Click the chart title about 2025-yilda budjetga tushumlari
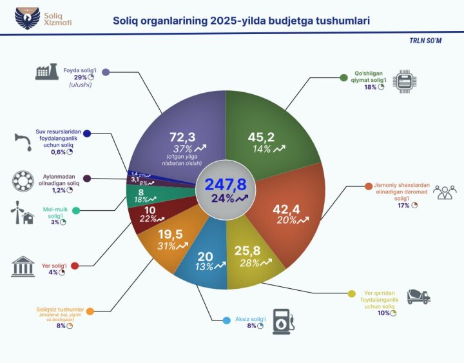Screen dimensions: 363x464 (x=241, y=21)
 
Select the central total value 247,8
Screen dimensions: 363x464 (x=226, y=184)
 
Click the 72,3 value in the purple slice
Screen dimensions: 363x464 (x=182, y=137)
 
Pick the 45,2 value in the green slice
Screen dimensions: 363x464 (x=262, y=137)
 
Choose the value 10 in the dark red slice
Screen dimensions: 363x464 (x=150, y=210)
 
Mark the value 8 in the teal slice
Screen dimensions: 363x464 (x=140, y=191)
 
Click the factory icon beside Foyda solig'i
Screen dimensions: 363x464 (x=47, y=72)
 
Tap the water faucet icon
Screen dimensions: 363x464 (x=23, y=142)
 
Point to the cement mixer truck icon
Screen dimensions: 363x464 (x=418, y=295)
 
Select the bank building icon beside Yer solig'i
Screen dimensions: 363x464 (x=23, y=266)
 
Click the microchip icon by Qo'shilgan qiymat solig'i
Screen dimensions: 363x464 (x=404, y=81)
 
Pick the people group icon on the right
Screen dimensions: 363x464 (x=444, y=193)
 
